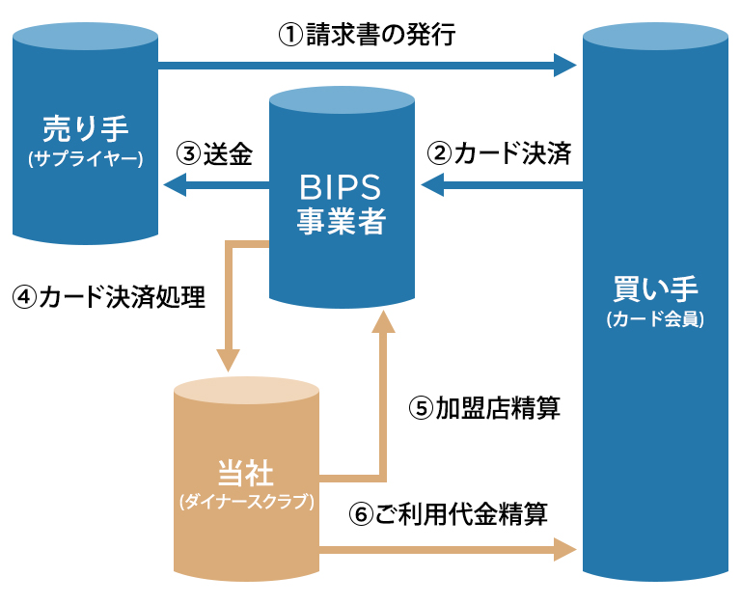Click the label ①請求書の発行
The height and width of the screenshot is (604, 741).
click(x=366, y=37)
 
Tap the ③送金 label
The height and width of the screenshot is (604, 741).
click(x=214, y=153)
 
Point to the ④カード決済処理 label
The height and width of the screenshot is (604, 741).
click(x=109, y=297)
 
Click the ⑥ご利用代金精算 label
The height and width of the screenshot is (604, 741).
click(x=448, y=513)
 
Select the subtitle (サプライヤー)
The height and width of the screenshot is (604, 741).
click(x=86, y=157)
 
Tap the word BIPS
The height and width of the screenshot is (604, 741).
click(x=342, y=185)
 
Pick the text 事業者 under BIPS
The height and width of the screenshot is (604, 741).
click(x=342, y=221)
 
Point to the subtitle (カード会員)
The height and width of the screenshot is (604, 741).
click(x=655, y=319)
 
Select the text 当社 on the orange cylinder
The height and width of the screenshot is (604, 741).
click(x=246, y=473)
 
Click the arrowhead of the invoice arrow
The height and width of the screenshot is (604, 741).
click(x=565, y=66)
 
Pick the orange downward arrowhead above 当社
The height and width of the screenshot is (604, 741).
click(x=228, y=360)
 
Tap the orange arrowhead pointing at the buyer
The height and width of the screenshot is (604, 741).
click(x=565, y=551)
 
